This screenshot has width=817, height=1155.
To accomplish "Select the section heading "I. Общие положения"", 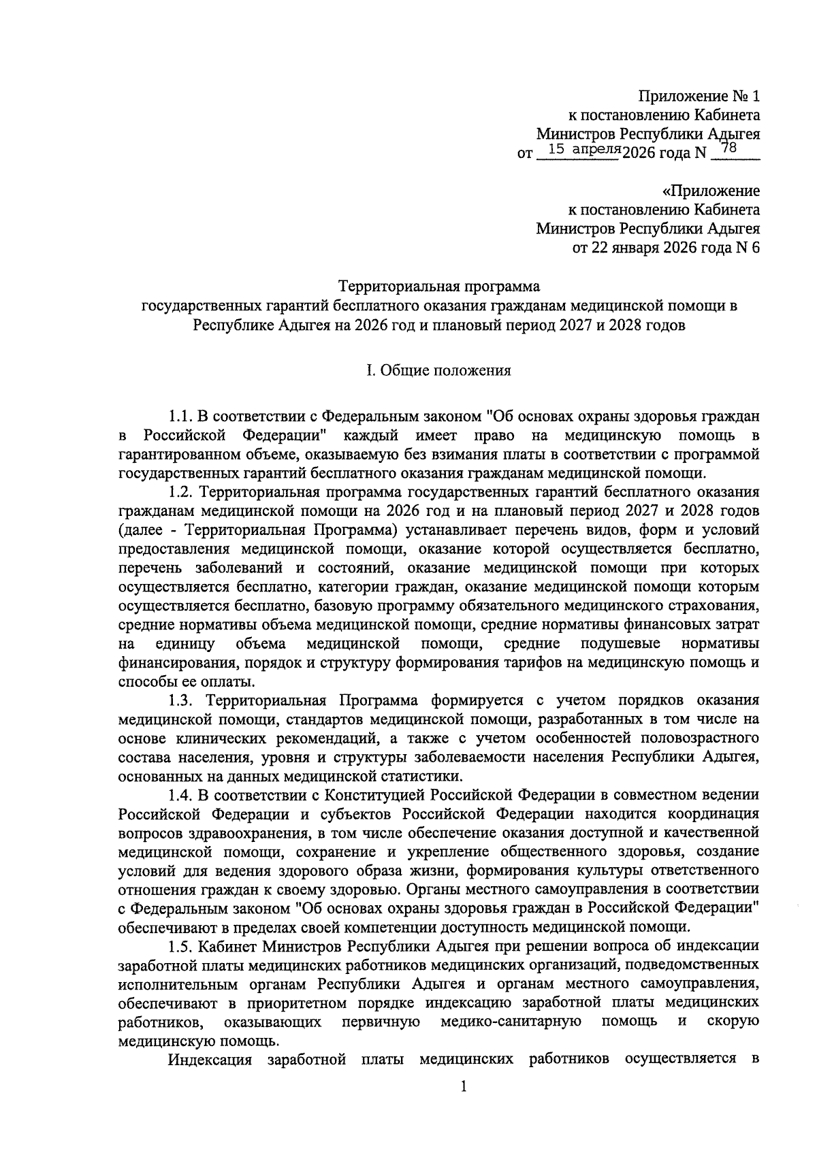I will coord(438,371).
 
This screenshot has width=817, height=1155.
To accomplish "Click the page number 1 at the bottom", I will coord(463,1087).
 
